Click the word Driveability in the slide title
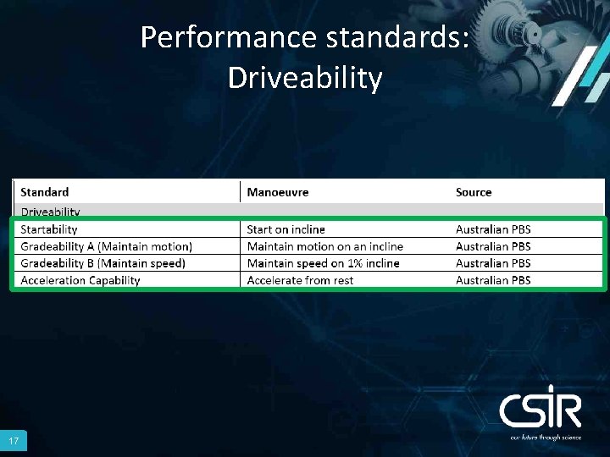point(305,78)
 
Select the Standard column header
point(45,192)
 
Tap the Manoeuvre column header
point(278,192)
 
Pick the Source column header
point(474,192)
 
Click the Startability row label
point(49,229)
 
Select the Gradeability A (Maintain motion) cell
point(107,246)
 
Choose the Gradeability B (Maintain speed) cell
point(103,263)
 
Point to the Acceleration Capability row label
point(80,280)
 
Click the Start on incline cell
point(286,229)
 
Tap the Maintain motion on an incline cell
point(324,246)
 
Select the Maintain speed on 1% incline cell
point(323,263)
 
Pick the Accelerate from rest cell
point(300,280)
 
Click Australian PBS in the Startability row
point(493,229)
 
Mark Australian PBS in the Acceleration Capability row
point(493,280)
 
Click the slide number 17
point(14,442)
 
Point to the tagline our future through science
point(545,438)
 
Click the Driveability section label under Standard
point(50,212)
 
